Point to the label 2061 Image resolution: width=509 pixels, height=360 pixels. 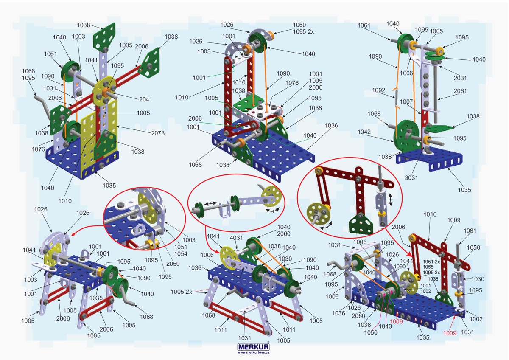[x=460, y=91]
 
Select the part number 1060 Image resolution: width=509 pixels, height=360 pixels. [x=299, y=25]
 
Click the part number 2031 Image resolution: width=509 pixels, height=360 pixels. [x=460, y=78]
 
